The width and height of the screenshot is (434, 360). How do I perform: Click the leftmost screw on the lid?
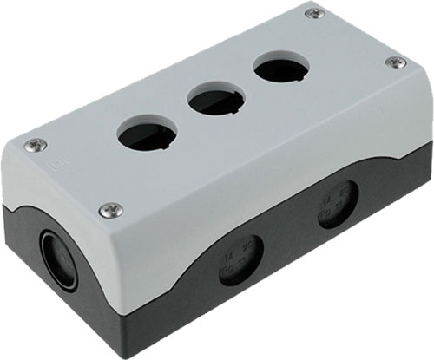35,145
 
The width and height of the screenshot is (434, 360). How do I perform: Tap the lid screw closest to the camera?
111,209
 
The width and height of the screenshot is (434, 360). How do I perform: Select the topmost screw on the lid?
315,13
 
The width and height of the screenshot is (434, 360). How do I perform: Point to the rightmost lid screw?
396,62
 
